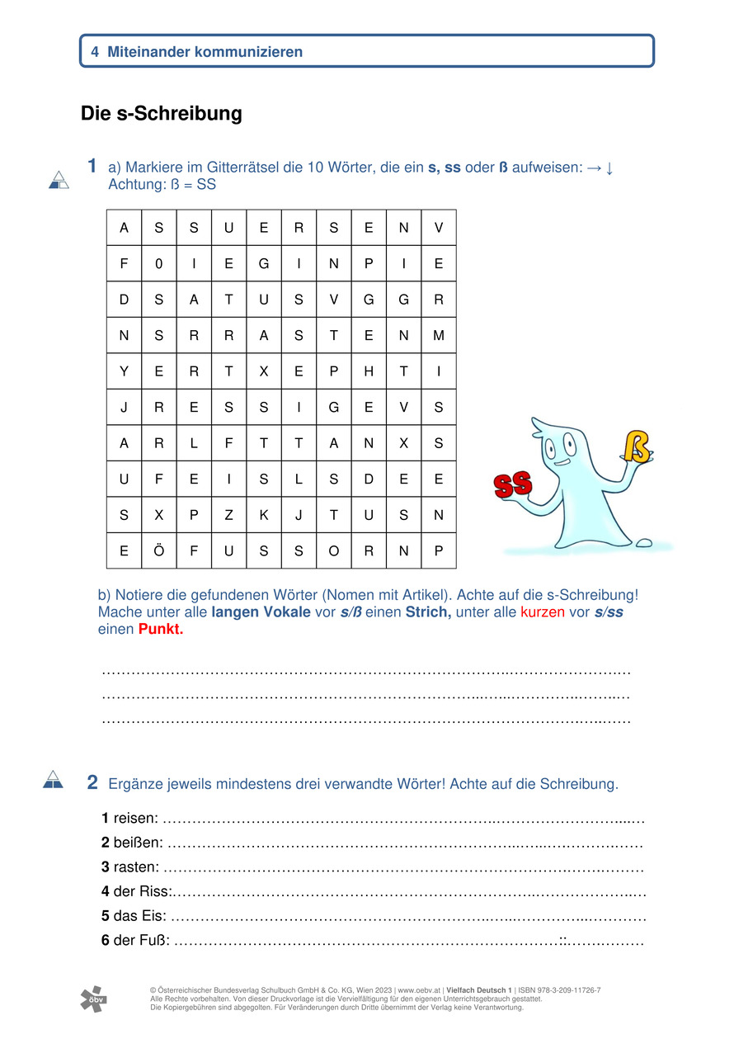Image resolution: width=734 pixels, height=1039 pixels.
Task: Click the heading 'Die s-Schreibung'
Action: [x=162, y=114]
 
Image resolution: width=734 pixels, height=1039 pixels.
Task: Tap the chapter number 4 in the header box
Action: [x=95, y=52]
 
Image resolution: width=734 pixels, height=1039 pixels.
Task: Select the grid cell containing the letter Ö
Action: [x=158, y=551]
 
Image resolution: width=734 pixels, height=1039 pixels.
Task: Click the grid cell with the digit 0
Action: [x=158, y=264]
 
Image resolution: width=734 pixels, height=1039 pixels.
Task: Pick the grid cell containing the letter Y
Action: [x=124, y=371]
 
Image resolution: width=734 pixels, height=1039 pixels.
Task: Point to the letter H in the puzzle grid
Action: [x=369, y=371]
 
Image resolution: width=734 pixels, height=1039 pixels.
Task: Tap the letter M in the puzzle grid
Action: [x=438, y=336]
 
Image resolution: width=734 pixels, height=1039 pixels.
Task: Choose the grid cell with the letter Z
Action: [x=228, y=515]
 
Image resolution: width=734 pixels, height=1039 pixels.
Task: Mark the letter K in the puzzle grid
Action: [x=264, y=515]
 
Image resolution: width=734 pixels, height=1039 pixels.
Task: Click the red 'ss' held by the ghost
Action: [x=513, y=484]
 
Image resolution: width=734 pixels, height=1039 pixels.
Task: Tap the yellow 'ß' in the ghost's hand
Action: [x=636, y=446]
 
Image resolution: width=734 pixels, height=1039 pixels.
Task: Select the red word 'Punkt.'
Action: [x=161, y=629]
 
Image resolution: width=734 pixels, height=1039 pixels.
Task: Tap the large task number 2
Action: [x=92, y=782]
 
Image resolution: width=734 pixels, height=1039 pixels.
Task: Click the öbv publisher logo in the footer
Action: [x=93, y=999]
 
